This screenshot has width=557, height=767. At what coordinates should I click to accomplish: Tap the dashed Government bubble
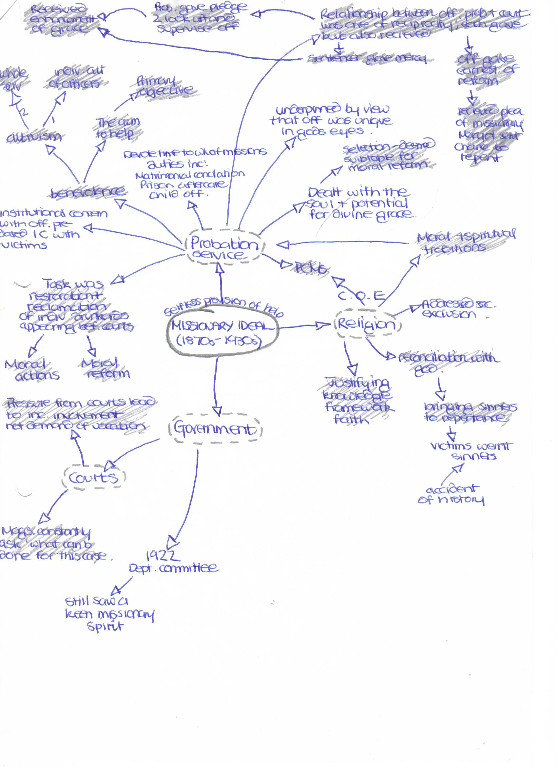coord(215,429)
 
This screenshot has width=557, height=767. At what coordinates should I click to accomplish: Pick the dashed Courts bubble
coord(94,478)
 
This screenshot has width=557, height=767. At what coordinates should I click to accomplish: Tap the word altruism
coord(34,137)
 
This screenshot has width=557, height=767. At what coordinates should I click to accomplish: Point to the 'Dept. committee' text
coord(174,568)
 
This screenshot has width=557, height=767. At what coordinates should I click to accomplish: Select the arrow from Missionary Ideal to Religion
coord(304,326)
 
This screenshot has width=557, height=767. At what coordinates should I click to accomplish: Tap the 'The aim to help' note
coord(117,128)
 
